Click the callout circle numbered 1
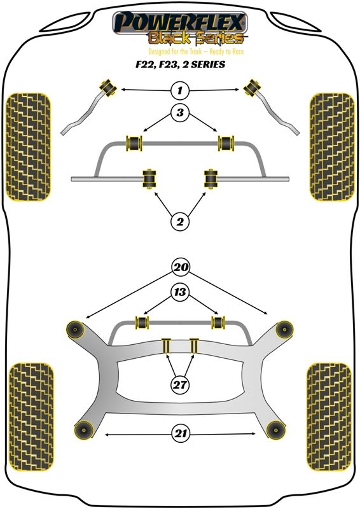click(x=180, y=90)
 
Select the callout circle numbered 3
click(x=180, y=113)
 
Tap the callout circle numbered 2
click(x=180, y=221)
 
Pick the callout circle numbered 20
click(x=181, y=267)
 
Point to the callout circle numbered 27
click(x=180, y=385)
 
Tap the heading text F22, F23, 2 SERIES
click(x=180, y=64)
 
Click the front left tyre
click(x=29, y=148)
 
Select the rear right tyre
click(x=329, y=417)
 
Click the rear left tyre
click(x=31, y=417)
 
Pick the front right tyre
click(x=332, y=148)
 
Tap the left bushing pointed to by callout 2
click(x=149, y=178)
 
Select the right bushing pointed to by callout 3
click(x=226, y=143)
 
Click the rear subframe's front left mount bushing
click(x=75, y=330)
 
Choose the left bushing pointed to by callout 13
click(x=142, y=323)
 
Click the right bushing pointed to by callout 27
click(x=194, y=346)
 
